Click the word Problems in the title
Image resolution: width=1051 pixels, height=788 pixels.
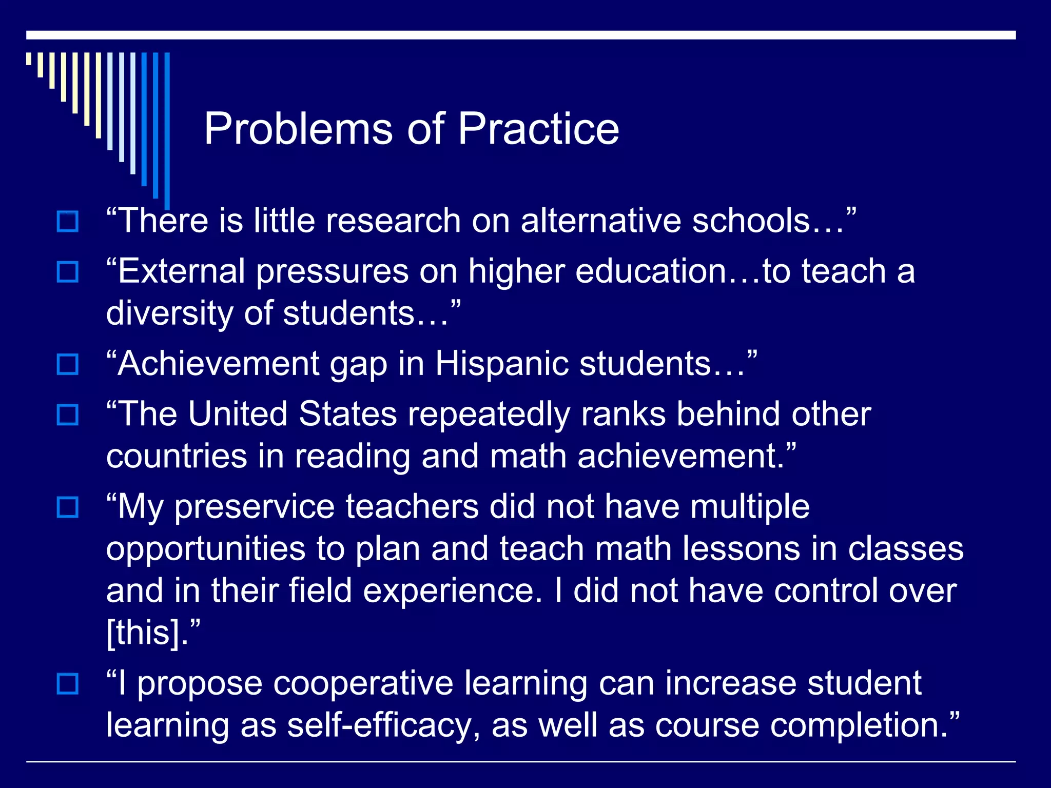coord(298,129)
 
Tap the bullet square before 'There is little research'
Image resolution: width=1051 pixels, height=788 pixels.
coord(68,222)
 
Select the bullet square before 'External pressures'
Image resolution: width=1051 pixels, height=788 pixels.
coord(68,272)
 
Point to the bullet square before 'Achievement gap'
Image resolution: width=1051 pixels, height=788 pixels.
coord(68,364)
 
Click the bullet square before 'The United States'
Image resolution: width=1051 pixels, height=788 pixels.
coord(68,415)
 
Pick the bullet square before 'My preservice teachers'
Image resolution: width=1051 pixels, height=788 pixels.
coord(68,507)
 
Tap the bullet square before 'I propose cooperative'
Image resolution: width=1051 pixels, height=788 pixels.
coord(68,683)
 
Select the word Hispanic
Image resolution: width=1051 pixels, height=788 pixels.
coord(501,364)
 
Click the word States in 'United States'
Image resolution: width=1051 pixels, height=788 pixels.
coord(347,414)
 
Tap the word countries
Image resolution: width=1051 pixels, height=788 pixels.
coord(177,457)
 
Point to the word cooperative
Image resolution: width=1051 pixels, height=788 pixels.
coord(363,684)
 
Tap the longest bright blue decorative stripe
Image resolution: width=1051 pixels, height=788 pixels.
coord(167,128)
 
